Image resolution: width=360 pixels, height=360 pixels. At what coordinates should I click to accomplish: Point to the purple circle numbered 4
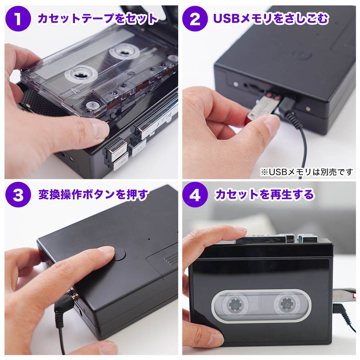click(195, 195)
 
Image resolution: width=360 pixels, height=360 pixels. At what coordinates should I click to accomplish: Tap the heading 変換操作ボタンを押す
click(93, 195)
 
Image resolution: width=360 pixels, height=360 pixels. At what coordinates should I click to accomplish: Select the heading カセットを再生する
click(264, 195)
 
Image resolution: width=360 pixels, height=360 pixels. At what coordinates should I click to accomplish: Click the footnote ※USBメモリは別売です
click(307, 172)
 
